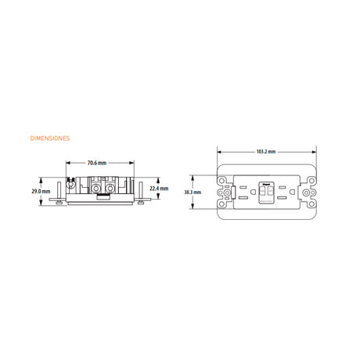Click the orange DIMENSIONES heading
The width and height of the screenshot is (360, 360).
point(49,139)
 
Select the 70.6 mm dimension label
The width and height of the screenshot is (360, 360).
point(97,163)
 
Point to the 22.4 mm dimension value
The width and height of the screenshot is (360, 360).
point(159,188)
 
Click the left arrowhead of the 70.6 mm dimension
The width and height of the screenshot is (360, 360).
point(67,163)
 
